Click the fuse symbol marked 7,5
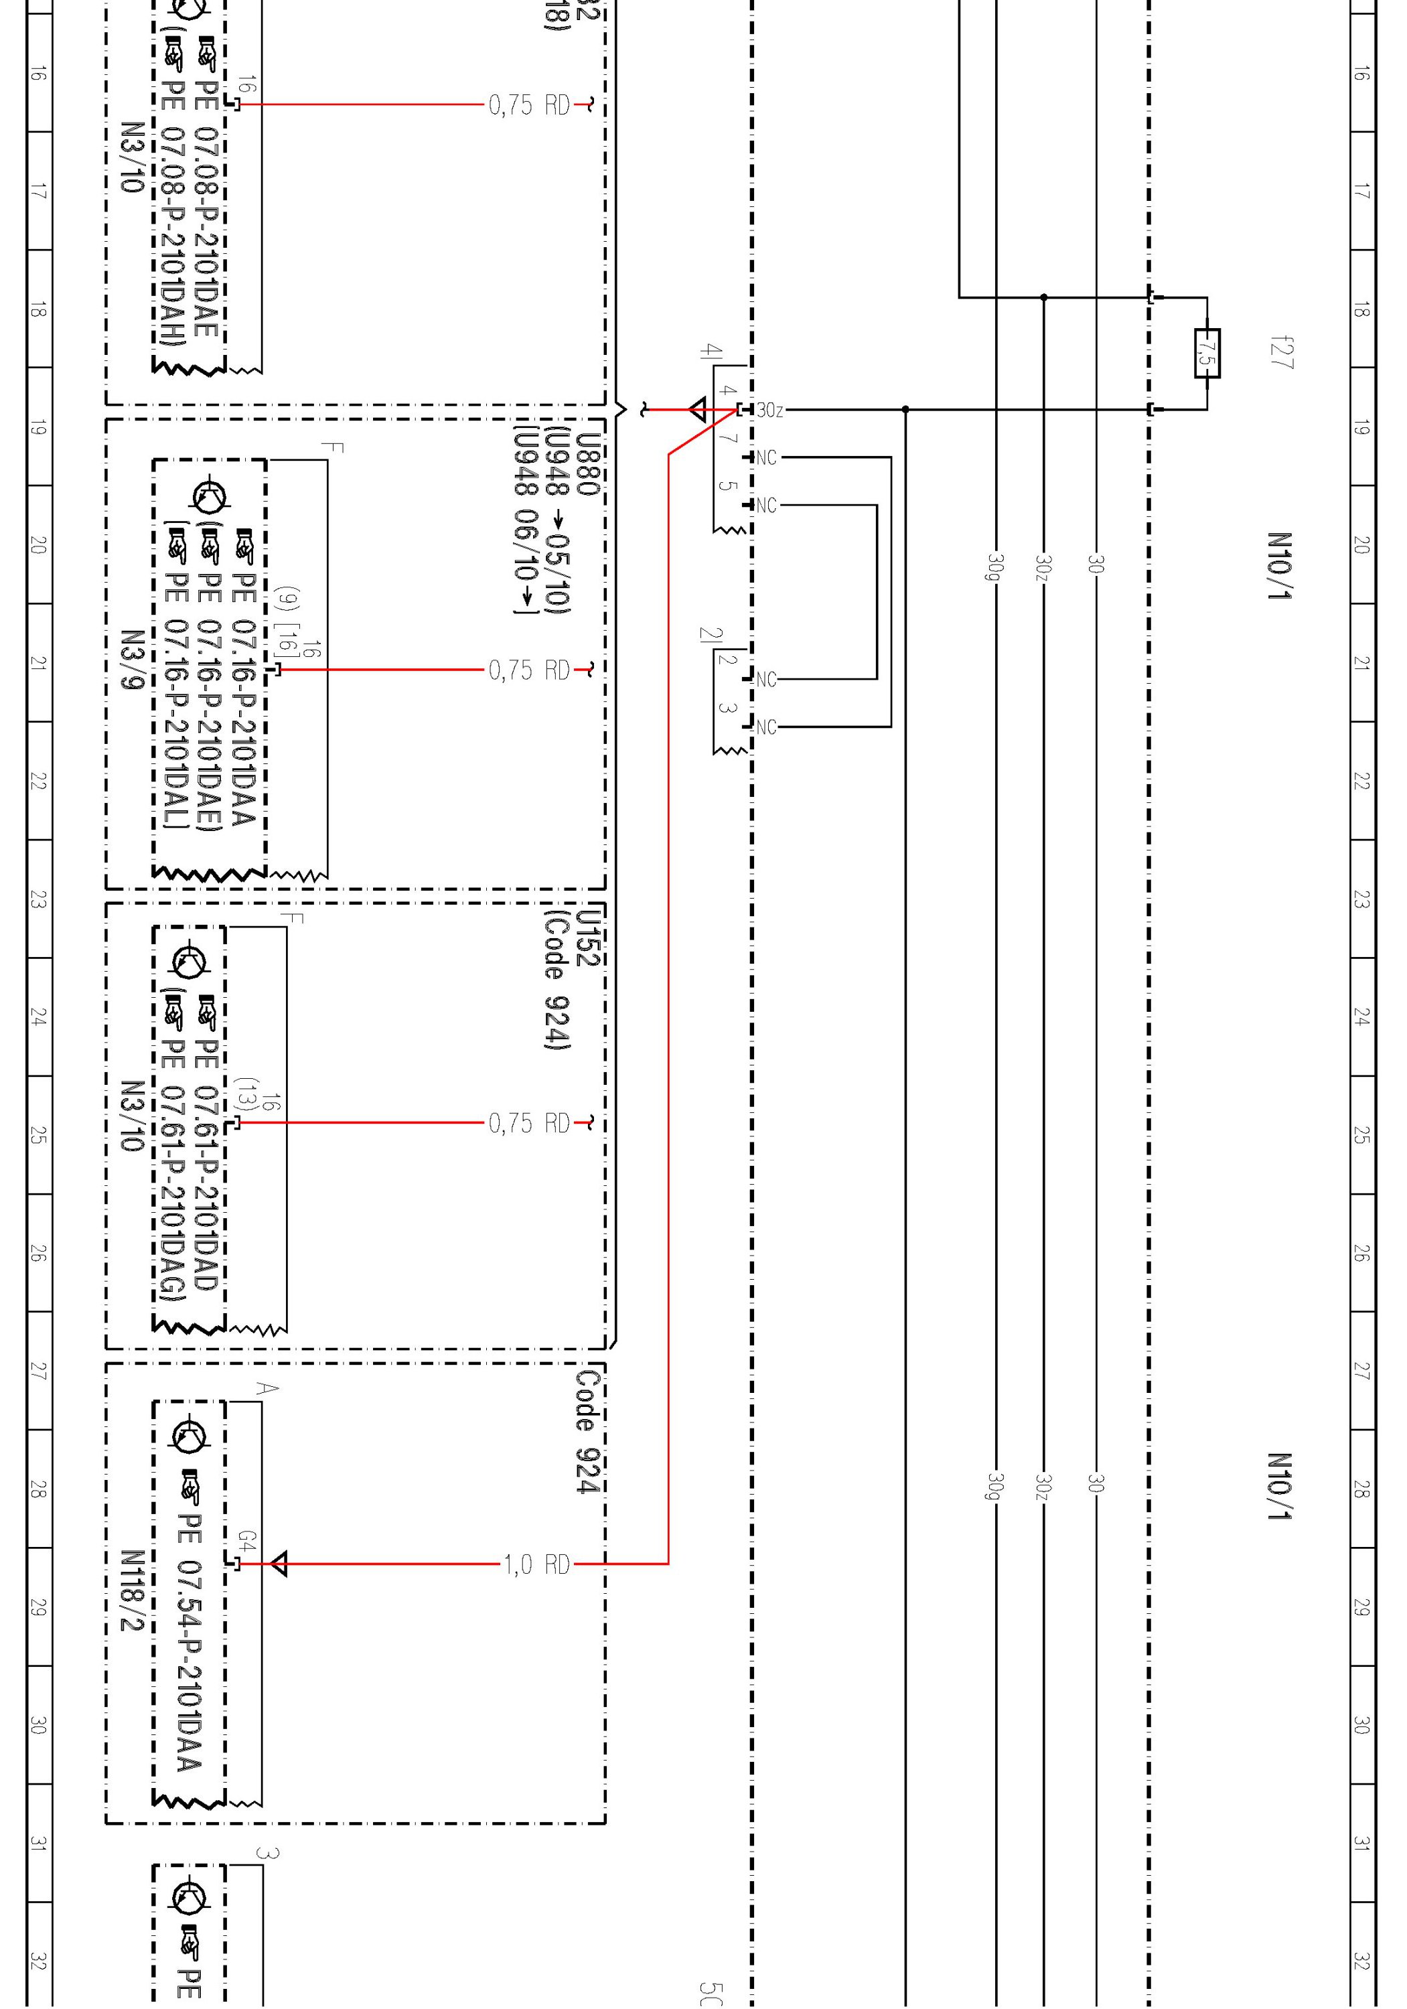[1207, 354]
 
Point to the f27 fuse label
[1282, 353]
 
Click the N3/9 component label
[132, 660]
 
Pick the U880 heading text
[589, 465]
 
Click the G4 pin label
[248, 1542]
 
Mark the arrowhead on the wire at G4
[278, 1564]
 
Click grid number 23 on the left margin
[38, 899]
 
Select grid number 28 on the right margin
[1361, 1489]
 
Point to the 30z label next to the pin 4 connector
[770, 411]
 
